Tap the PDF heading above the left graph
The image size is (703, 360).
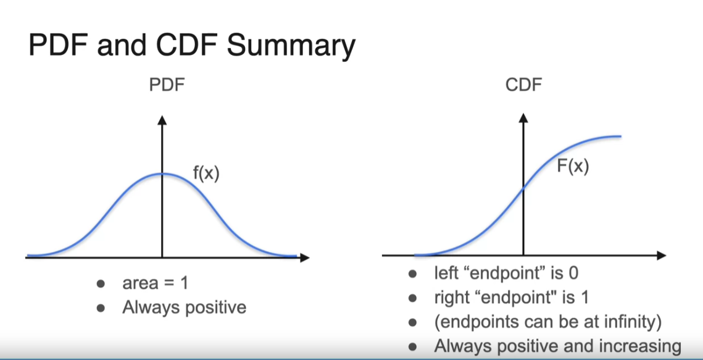pyautogui.click(x=167, y=85)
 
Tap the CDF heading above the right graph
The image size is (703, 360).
pyautogui.click(x=523, y=85)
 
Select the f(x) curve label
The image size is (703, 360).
pyautogui.click(x=206, y=173)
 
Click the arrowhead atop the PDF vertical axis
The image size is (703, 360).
pyautogui.click(x=162, y=120)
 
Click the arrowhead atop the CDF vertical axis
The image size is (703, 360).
pyautogui.click(x=523, y=117)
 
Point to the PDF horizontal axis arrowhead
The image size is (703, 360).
pyautogui.click(x=304, y=257)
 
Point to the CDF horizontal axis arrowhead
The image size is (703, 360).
pyautogui.click(x=661, y=256)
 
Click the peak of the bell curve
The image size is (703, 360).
pyautogui.click(x=162, y=174)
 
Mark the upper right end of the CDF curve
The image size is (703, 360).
pyautogui.click(x=620, y=136)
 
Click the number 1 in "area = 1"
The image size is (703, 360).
pyautogui.click(x=184, y=283)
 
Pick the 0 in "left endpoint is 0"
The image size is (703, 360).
pyautogui.click(x=573, y=273)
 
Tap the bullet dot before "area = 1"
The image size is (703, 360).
pyautogui.click(x=101, y=283)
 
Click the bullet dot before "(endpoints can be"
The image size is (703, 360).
pyautogui.click(x=412, y=322)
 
